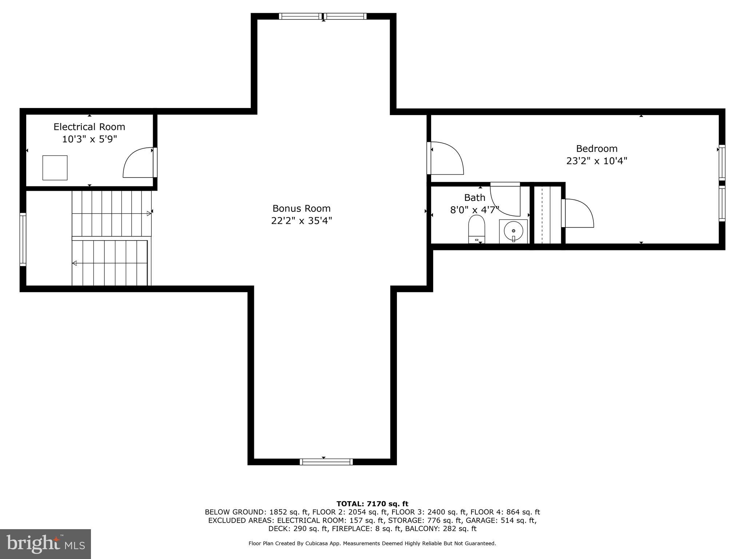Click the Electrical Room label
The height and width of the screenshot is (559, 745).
click(89, 127)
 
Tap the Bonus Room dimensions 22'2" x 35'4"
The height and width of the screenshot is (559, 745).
click(301, 221)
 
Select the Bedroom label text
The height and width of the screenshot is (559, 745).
click(597, 148)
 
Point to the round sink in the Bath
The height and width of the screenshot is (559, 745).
click(513, 231)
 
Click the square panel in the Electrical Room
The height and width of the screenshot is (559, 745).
click(55, 168)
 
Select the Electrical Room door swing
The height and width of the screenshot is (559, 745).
click(138, 163)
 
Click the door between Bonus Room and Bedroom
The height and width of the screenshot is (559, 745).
click(446, 158)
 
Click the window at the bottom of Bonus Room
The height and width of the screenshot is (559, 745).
click(326, 462)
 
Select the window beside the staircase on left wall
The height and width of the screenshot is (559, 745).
click(23, 239)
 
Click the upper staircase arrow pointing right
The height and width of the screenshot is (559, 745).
click(148, 214)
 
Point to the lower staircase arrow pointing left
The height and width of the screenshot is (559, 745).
click(74, 263)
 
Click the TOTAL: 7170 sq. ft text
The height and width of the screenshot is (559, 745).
click(372, 504)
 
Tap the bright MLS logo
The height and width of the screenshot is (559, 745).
click(45, 544)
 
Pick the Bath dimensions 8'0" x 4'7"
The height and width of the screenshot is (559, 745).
click(474, 210)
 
